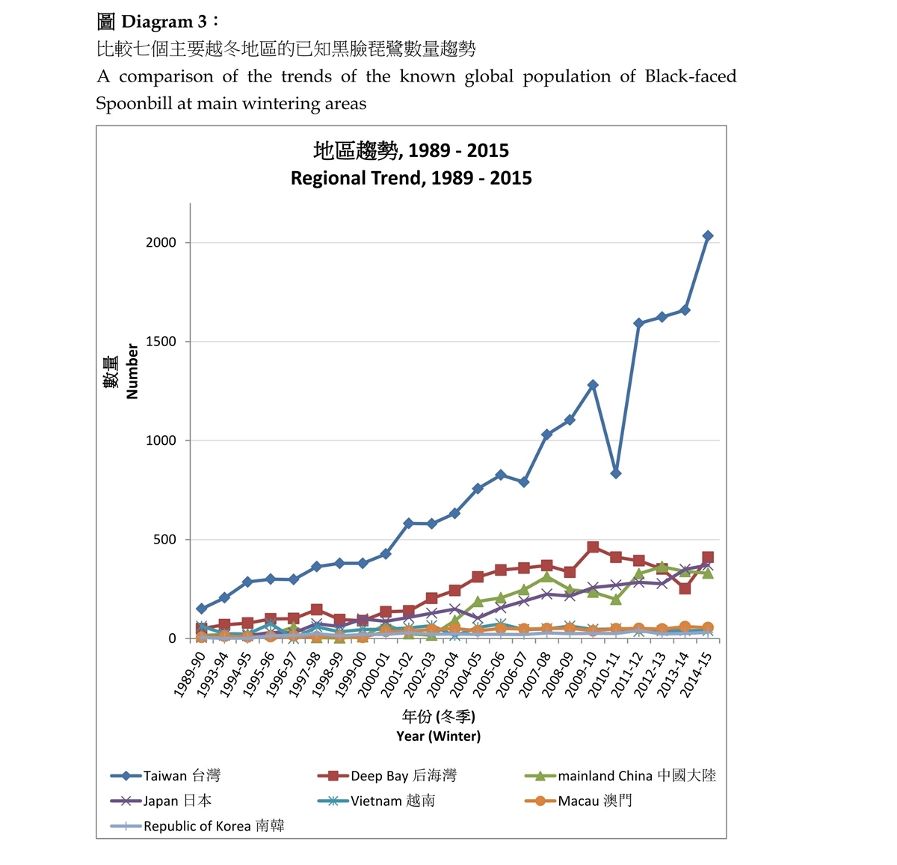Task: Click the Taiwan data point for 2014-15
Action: click(x=708, y=236)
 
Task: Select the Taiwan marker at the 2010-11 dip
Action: click(x=616, y=473)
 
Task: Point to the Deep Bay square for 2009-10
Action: click(x=593, y=547)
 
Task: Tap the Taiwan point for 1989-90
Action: click(x=201, y=609)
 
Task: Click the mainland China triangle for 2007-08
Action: click(x=547, y=576)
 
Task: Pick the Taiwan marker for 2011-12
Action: click(x=639, y=323)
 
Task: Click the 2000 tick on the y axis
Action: click(x=161, y=242)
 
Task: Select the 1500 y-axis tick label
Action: click(x=161, y=342)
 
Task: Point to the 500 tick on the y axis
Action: click(x=164, y=539)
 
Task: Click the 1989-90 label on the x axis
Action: click(x=190, y=674)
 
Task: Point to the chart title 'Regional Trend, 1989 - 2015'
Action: click(x=411, y=178)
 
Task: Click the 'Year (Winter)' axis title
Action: click(x=439, y=736)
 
